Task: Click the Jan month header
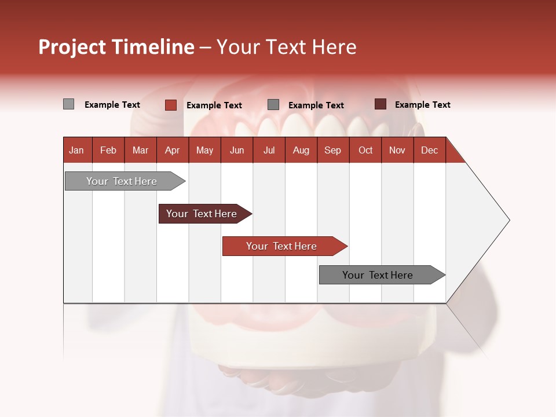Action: (x=76, y=150)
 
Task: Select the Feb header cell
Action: (x=108, y=150)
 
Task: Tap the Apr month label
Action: (x=172, y=150)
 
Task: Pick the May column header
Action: (x=204, y=150)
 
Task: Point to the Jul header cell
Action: (x=269, y=150)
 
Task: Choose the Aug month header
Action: (x=301, y=150)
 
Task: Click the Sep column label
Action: (x=332, y=150)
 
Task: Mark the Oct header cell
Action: (x=365, y=150)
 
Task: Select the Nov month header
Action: (x=397, y=150)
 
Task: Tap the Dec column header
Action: (x=429, y=150)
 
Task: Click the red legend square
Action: (x=170, y=105)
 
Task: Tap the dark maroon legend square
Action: (x=380, y=104)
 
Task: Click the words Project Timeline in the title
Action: (x=116, y=47)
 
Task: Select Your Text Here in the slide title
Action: (x=286, y=47)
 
